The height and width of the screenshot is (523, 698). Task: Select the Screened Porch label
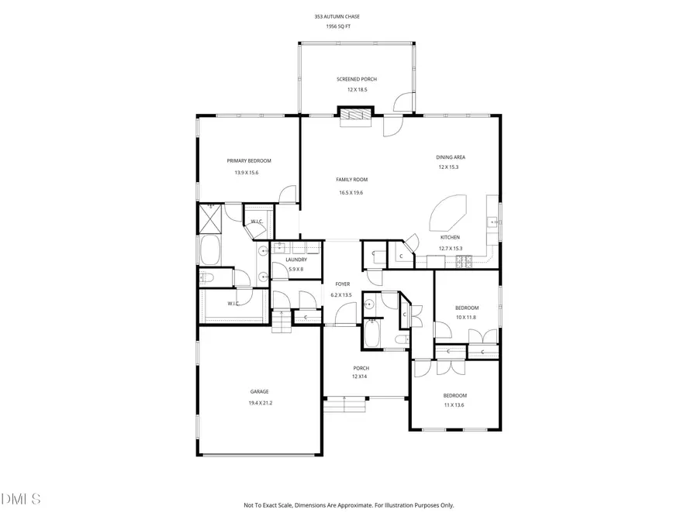(x=357, y=79)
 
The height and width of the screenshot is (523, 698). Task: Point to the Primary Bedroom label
(x=249, y=160)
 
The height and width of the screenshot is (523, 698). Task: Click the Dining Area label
(x=451, y=157)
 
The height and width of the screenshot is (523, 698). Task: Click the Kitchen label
(x=450, y=237)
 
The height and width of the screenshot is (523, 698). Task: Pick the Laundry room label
(x=296, y=260)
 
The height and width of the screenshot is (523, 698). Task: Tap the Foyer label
(x=342, y=284)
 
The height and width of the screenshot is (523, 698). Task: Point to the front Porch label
(x=361, y=368)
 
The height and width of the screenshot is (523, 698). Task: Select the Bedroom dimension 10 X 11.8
(x=466, y=317)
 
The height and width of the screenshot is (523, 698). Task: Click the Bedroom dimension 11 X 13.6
(x=454, y=405)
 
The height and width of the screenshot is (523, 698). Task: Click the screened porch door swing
(x=404, y=103)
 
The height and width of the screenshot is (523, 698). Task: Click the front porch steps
(x=344, y=404)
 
